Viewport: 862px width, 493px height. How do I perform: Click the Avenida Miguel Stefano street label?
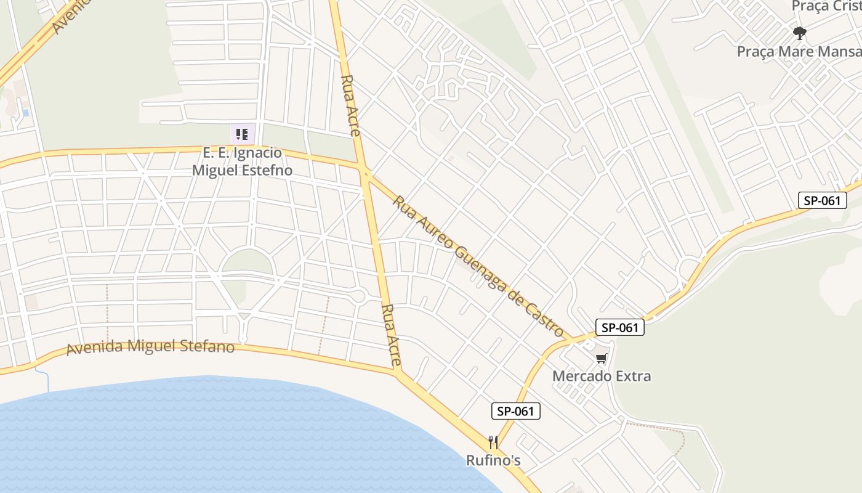(x=150, y=347)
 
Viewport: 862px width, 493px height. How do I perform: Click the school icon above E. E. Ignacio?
(x=242, y=134)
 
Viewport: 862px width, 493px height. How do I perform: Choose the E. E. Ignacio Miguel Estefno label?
(x=242, y=161)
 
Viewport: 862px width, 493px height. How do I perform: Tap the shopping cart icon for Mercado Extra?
(x=601, y=358)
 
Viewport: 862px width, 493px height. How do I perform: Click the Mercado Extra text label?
(x=601, y=376)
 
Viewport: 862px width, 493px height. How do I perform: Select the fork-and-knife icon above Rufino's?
(x=493, y=442)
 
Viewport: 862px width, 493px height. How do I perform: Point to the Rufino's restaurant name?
(x=493, y=460)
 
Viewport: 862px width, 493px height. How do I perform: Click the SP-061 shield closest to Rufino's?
(x=515, y=411)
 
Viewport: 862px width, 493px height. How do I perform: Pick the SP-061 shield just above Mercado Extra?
(x=619, y=327)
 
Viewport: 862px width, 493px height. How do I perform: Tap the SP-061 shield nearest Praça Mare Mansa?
(x=822, y=200)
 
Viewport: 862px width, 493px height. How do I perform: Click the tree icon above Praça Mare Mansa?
(x=799, y=33)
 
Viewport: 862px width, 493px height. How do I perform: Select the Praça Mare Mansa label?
(x=799, y=51)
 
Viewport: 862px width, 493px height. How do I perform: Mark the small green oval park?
(x=247, y=262)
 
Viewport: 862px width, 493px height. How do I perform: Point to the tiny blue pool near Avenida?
(x=25, y=113)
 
